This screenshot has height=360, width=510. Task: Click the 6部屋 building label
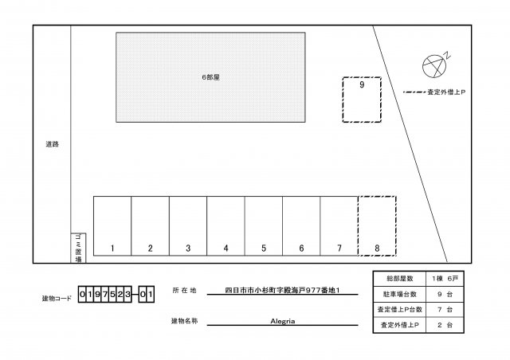210,77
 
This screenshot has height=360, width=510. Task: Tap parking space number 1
112,226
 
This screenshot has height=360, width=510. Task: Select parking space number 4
226,226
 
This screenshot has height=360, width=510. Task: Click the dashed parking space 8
377,226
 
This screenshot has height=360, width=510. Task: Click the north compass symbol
433,64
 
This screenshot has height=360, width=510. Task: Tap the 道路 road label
53,144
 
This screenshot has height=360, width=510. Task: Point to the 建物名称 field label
184,321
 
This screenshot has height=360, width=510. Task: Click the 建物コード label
57,298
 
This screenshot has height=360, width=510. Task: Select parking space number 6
301,226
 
